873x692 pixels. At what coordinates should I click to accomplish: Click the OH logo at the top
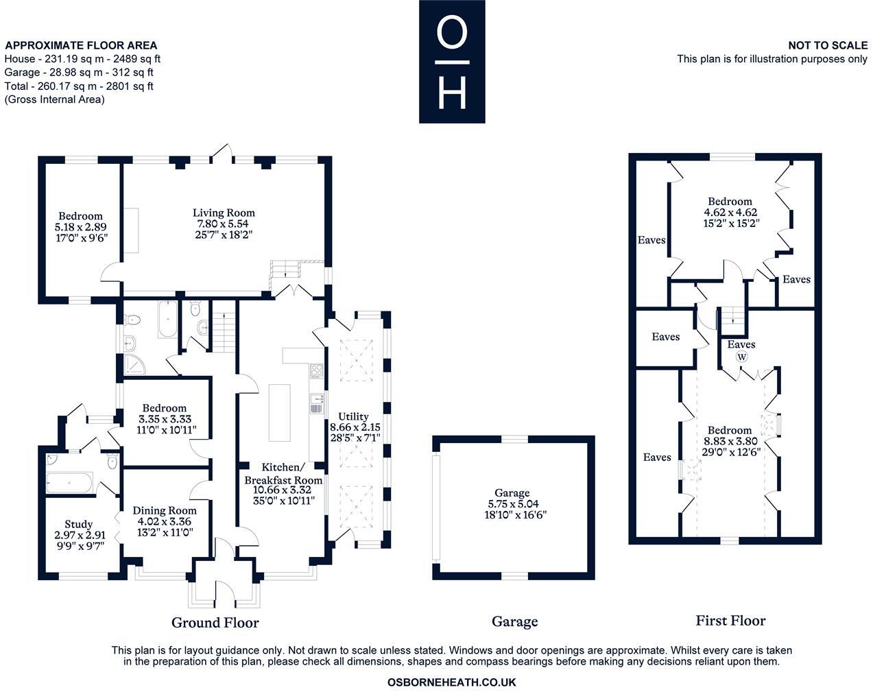452,62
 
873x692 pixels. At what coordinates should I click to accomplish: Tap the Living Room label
224,213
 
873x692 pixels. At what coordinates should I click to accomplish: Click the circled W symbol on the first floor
741,357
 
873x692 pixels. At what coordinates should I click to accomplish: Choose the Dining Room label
165,510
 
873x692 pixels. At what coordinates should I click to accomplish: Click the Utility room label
353,416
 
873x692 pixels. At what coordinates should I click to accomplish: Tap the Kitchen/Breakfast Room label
283,473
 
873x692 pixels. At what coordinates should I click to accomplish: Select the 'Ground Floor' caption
215,623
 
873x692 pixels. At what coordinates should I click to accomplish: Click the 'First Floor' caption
730,621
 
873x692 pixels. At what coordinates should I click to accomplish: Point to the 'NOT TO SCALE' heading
827,45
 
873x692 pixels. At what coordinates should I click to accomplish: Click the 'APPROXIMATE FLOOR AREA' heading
81,46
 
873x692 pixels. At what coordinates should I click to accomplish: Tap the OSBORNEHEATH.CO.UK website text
451,682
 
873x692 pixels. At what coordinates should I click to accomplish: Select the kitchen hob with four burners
317,371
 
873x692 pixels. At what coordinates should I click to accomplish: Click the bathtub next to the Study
69,484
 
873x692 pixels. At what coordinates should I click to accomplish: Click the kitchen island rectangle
280,412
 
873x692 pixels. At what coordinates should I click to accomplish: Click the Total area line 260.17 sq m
79,86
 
